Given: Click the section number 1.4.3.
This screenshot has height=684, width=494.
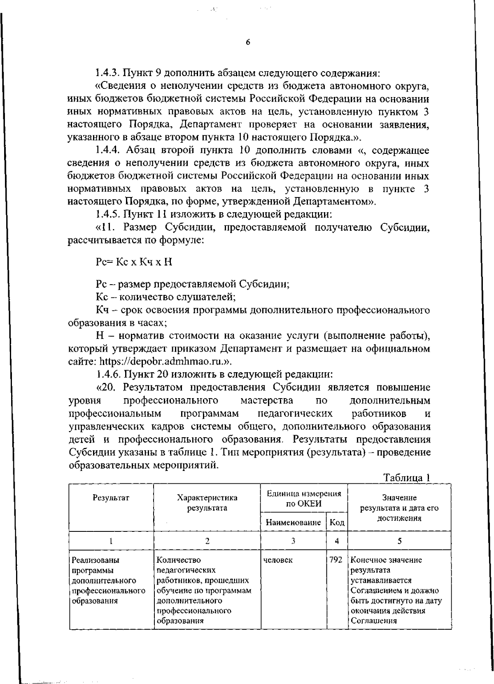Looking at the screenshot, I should (108, 74).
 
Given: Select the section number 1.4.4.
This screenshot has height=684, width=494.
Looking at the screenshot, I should (108, 151).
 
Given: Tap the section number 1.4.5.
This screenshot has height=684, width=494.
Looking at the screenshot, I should (108, 215).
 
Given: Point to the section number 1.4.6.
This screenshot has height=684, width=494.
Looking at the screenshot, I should (108, 374).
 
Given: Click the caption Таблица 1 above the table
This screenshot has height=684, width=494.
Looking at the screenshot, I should (406, 478).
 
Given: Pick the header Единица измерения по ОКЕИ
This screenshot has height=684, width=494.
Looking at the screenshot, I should (304, 499).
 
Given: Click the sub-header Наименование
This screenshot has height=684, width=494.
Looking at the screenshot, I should (293, 523).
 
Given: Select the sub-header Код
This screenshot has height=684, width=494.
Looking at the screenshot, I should (337, 523).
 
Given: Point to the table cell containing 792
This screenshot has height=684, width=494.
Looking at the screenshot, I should (336, 560).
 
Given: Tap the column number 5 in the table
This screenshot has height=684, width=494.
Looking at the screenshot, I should (399, 541).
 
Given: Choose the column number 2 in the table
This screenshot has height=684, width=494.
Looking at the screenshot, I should (207, 541).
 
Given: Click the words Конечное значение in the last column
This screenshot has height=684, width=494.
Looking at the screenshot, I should (386, 560).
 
